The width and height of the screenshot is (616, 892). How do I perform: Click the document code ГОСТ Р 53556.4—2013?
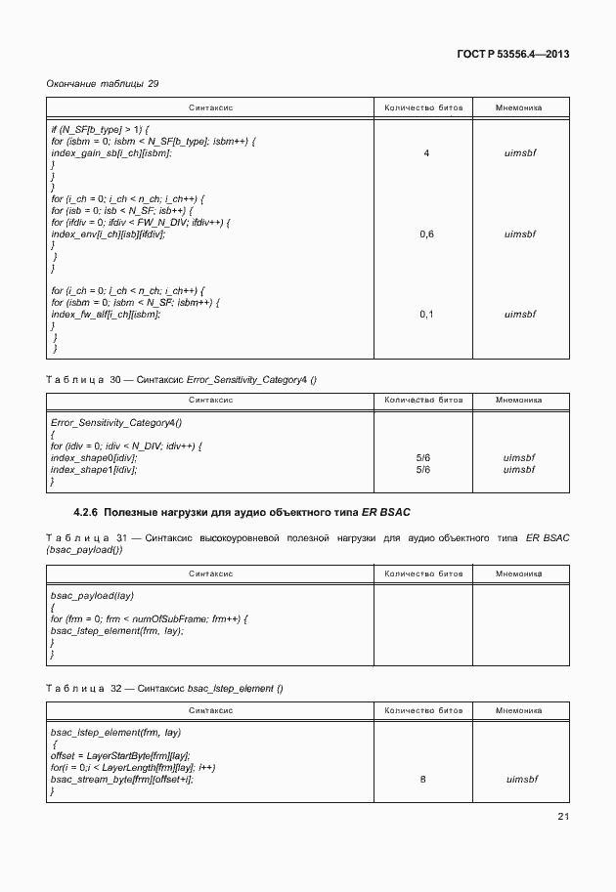click(x=512, y=54)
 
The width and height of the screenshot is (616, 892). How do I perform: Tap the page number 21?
click(x=562, y=817)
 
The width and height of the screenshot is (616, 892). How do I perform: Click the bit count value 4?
click(x=425, y=153)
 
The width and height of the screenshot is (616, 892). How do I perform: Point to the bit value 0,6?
click(x=425, y=234)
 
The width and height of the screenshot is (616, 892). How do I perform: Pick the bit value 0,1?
click(x=425, y=315)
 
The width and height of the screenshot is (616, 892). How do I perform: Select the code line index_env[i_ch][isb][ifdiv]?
click(x=108, y=234)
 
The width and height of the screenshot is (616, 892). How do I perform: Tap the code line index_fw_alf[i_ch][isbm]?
click(x=105, y=315)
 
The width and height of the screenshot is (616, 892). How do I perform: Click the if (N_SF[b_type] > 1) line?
click(x=99, y=130)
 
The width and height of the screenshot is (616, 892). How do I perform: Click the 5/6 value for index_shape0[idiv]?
click(x=424, y=457)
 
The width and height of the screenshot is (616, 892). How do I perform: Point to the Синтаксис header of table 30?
click(x=209, y=400)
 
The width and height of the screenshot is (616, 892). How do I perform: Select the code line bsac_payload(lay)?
click(x=92, y=595)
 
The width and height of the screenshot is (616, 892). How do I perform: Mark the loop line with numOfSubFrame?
click(x=149, y=618)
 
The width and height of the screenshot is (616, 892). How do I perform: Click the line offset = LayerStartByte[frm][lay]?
click(x=120, y=755)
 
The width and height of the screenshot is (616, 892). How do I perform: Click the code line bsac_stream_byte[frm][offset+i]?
click(x=122, y=779)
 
